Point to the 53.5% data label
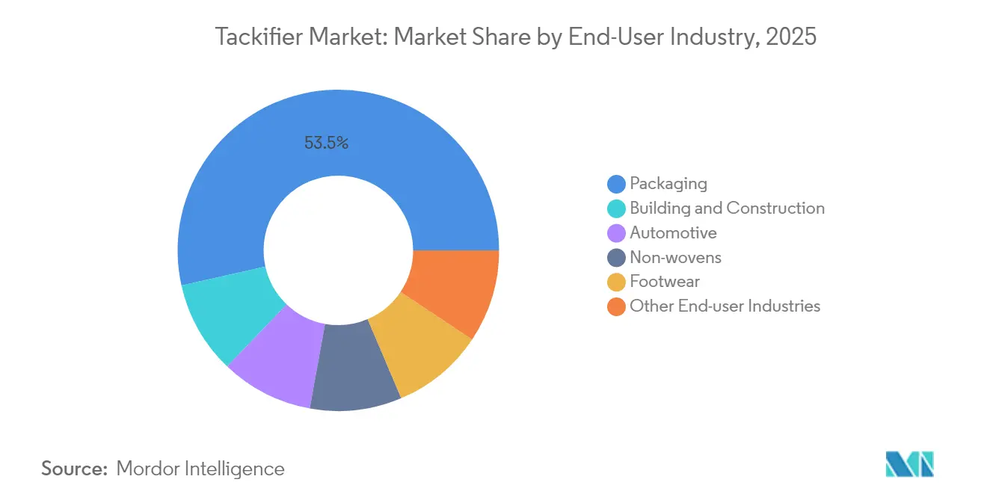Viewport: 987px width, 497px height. click(x=326, y=143)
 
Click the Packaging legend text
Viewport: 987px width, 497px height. click(x=668, y=183)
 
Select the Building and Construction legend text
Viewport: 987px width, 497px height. click(x=727, y=208)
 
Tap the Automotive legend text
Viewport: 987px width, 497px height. click(x=673, y=232)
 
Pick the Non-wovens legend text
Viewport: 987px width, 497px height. click(x=675, y=257)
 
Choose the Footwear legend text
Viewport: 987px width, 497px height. click(x=665, y=282)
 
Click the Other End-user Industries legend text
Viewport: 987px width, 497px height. click(x=725, y=306)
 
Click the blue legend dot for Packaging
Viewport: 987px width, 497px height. click(x=616, y=184)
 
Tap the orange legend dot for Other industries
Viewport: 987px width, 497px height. click(x=616, y=306)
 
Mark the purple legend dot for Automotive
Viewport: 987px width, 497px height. click(x=616, y=233)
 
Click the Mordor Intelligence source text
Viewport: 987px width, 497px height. click(x=200, y=469)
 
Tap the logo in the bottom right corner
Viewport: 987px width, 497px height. click(x=909, y=464)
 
